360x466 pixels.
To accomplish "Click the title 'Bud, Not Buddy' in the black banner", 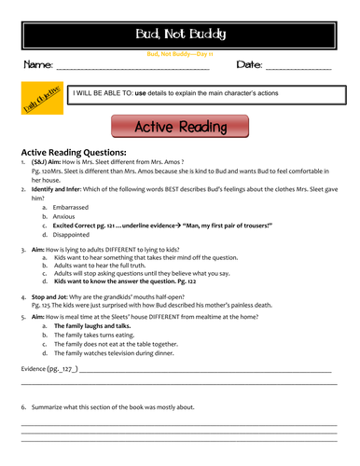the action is [180, 35].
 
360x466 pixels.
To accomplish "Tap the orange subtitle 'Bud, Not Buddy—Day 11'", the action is [180, 54].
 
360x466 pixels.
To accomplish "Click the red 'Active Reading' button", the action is [180, 127].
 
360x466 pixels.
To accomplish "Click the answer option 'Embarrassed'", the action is [75, 207].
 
